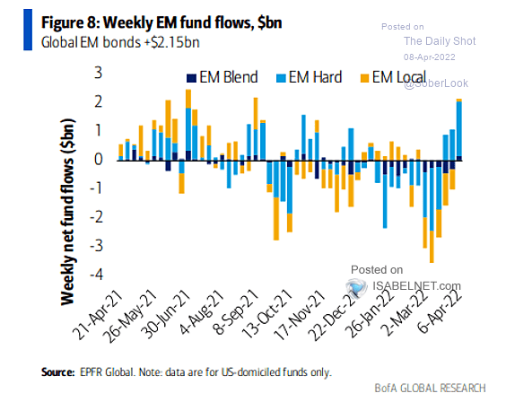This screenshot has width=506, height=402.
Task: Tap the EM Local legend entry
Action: pyautogui.click(x=395, y=78)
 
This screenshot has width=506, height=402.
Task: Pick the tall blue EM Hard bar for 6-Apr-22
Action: pyautogui.click(x=459, y=128)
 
